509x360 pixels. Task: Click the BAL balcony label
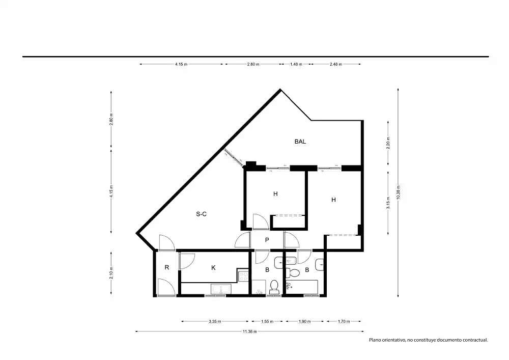(300, 142)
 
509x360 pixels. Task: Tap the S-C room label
(201, 214)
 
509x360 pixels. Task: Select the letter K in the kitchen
(213, 268)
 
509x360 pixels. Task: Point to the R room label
(167, 267)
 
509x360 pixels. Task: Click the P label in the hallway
(267, 240)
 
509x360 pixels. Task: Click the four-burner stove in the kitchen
(243, 276)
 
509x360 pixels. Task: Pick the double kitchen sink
(221, 289)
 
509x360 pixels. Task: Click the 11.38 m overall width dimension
(249, 331)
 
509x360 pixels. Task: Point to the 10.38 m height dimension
(399, 192)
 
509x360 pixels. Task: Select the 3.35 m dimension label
(215, 321)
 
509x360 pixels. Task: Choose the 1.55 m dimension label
(267, 321)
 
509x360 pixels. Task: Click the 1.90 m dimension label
(304, 321)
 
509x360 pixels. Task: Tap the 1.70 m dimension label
(344, 321)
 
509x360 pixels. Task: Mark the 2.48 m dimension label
(335, 64)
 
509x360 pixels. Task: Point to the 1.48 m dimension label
(296, 64)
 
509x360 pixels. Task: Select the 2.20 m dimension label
(388, 143)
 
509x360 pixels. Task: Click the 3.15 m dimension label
(388, 203)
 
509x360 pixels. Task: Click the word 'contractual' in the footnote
(476, 340)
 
